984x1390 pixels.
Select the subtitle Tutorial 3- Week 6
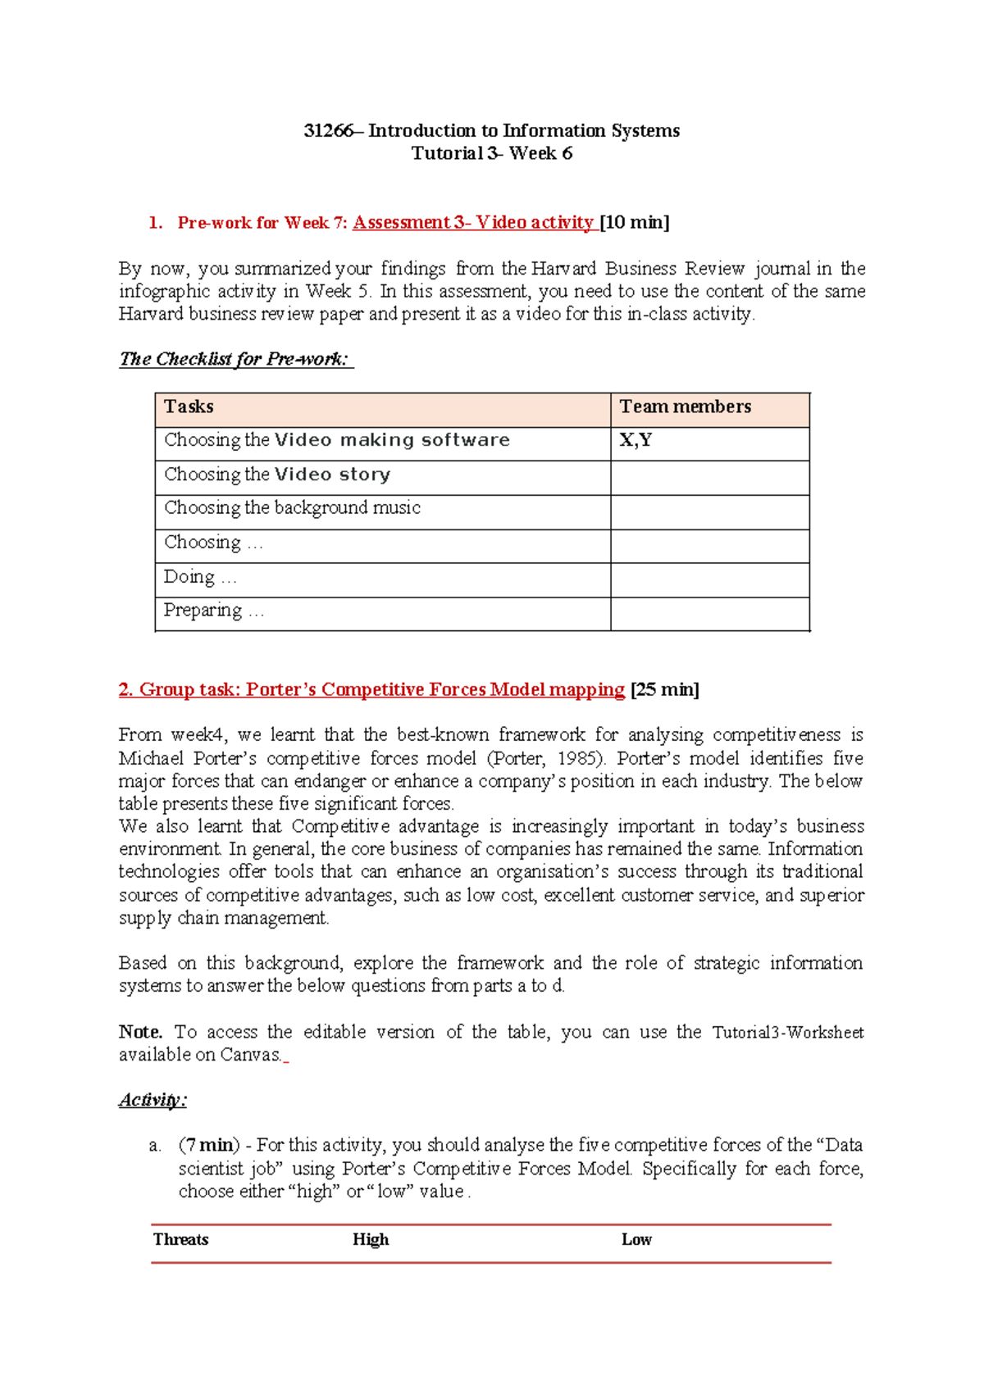click(491, 153)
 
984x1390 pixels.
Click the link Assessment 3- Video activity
click(473, 223)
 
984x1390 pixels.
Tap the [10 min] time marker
click(635, 223)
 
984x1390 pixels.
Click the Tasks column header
click(189, 407)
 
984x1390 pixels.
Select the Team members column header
click(685, 407)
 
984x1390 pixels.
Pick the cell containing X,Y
click(635, 441)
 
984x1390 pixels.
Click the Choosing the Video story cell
click(277, 475)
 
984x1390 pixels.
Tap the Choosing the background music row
click(292, 508)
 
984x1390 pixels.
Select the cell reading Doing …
click(200, 577)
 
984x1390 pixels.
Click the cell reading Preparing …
click(213, 611)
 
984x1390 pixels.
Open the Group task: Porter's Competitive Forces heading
click(371, 690)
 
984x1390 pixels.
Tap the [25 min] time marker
click(665, 690)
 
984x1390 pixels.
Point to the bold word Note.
click(140, 1033)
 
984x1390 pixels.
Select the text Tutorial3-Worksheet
click(787, 1033)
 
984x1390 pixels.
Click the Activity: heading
click(153, 1101)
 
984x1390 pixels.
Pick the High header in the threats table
click(371, 1240)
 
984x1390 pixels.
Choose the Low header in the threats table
click(636, 1240)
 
